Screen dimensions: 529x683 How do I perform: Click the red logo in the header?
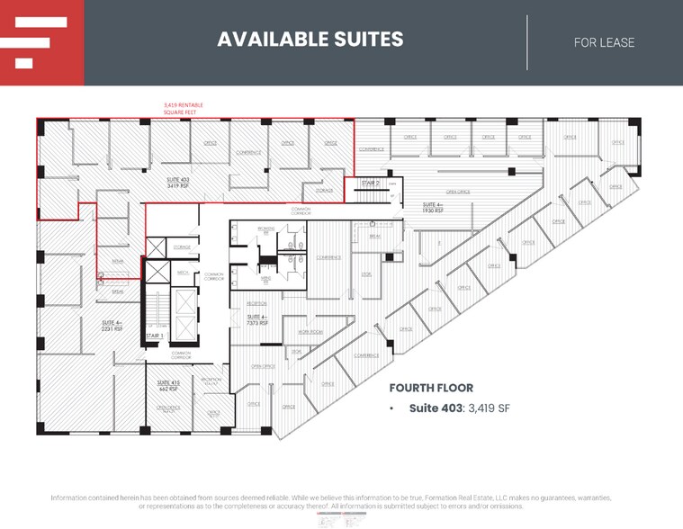(x=41, y=42)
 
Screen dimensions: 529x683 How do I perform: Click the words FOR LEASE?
(x=604, y=42)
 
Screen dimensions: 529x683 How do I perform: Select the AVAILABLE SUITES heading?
(x=310, y=40)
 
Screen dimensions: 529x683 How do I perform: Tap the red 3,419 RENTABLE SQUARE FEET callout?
(x=183, y=109)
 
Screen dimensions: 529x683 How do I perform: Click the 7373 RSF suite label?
(x=257, y=319)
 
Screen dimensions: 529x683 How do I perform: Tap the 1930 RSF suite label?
(x=433, y=207)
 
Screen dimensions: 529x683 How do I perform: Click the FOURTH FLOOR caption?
(x=431, y=388)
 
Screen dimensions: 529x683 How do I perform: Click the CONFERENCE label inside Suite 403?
(x=249, y=152)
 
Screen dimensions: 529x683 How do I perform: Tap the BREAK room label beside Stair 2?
(x=375, y=236)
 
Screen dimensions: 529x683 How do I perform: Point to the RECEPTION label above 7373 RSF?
(x=257, y=304)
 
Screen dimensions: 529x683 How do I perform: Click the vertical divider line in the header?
(x=527, y=42)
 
